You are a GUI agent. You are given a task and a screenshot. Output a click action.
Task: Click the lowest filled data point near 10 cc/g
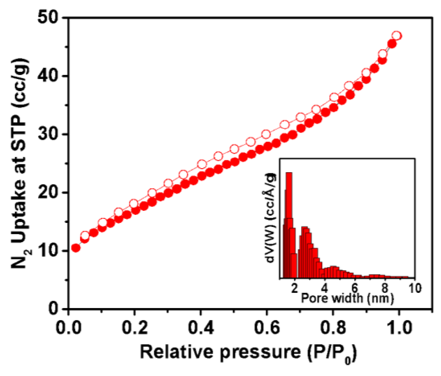76,248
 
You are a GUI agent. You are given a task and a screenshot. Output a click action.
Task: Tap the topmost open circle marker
397,36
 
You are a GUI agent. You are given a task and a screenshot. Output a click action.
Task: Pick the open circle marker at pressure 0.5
234,149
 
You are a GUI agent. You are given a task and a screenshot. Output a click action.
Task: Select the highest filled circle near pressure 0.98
392,44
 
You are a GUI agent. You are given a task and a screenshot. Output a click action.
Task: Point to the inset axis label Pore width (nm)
347,298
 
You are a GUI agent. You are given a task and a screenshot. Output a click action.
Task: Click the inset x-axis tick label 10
415,288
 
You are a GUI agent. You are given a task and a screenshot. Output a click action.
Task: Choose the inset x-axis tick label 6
355,288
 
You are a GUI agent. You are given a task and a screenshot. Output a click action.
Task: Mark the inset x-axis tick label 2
295,288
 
